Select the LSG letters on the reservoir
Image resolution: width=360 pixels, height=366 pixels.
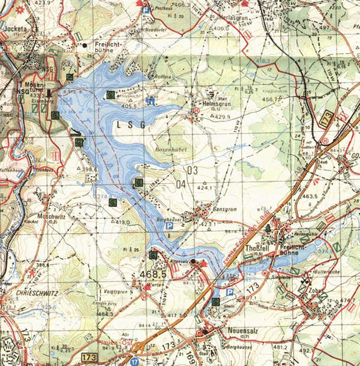(129, 124)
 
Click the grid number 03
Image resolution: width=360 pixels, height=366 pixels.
(191, 170)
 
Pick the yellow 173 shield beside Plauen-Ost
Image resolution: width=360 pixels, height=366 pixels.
(90, 357)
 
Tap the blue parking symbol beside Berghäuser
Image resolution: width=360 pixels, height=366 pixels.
(169, 226)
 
